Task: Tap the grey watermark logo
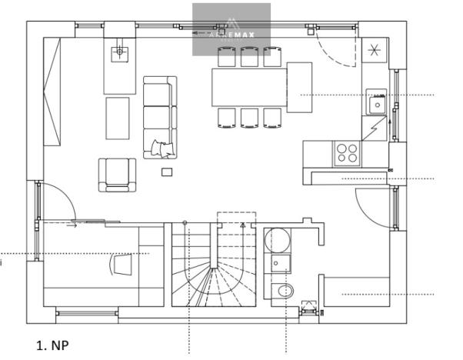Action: [x=231, y=29]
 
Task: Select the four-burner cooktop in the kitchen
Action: [x=347, y=152]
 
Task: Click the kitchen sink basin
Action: [x=378, y=102]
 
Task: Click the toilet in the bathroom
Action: [x=282, y=292]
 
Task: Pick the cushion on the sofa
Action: [x=163, y=147]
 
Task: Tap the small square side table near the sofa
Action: [x=167, y=172]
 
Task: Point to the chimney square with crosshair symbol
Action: [x=118, y=52]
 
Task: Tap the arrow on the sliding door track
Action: [x=73, y=225]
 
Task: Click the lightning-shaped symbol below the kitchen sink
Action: [x=373, y=125]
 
